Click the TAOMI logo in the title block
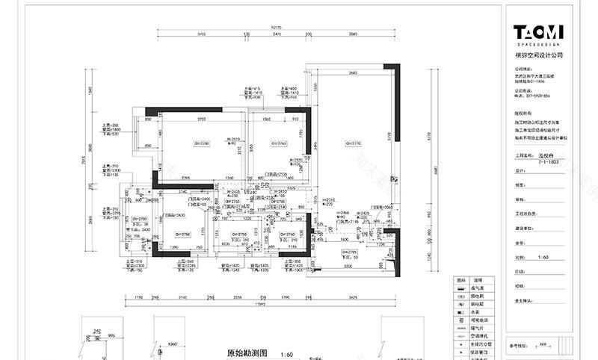coord(538,31)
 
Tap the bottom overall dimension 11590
coord(261,305)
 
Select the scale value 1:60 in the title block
coord(543,256)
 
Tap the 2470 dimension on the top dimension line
coord(277,34)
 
